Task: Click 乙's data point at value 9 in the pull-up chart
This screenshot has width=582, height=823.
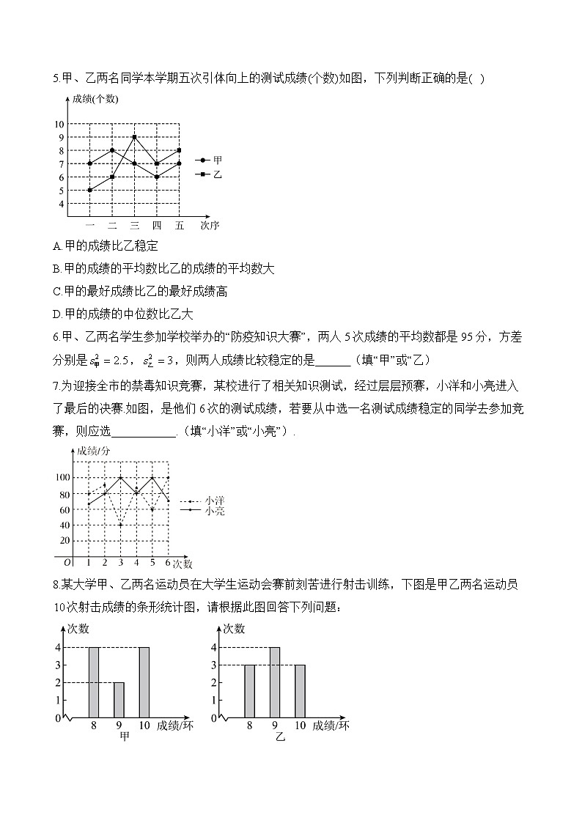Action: [134, 137]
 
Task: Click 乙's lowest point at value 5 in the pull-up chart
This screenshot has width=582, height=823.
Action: [89, 190]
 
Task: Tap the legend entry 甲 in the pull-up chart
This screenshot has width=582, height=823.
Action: [217, 159]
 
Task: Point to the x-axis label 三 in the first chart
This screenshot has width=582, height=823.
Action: [134, 225]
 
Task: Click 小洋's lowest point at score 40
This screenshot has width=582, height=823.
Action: [120, 525]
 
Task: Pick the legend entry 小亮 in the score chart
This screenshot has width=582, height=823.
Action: [215, 511]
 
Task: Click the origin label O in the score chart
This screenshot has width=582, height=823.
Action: [67, 563]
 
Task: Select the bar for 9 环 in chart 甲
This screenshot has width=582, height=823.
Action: [119, 700]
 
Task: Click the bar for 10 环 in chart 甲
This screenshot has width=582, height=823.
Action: [144, 682]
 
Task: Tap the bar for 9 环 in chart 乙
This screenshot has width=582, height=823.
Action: [275, 682]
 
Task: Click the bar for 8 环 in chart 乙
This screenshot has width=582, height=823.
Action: [249, 691]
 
